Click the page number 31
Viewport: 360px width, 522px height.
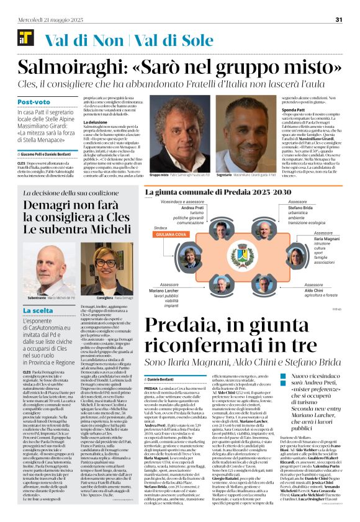[x=339, y=19]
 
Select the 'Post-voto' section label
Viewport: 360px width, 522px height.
[x=34, y=101]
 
